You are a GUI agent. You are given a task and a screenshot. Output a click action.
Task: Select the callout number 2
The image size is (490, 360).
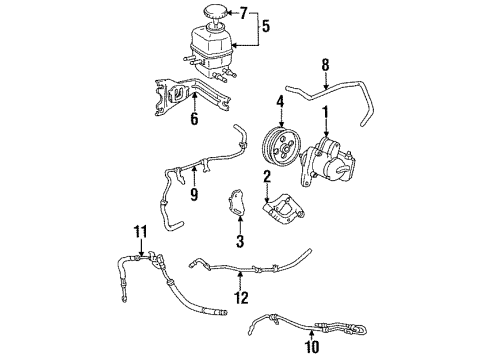coord(268,178)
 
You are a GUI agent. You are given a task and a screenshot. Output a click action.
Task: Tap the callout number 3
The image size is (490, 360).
coord(240,240)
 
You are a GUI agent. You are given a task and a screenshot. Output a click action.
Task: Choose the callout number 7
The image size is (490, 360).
coord(243,12)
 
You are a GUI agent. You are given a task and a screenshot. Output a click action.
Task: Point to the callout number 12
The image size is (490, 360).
coord(240,297)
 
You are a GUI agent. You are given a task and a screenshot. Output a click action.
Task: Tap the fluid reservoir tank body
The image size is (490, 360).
coord(206,46)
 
